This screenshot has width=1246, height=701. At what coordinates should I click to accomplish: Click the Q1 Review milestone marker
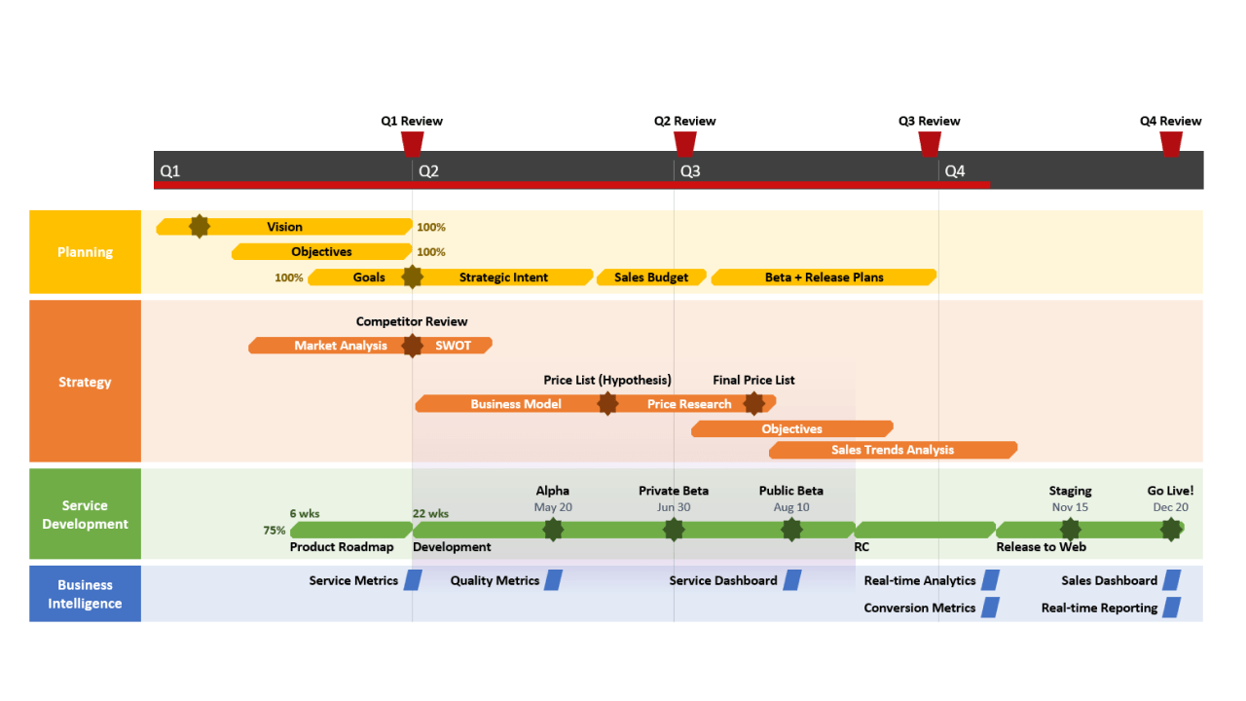413,144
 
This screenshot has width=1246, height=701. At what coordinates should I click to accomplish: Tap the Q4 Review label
1170,122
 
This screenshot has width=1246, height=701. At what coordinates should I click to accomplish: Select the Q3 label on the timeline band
689,171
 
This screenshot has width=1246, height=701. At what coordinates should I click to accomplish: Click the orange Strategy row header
85,382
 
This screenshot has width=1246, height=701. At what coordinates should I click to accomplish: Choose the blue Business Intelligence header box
85,594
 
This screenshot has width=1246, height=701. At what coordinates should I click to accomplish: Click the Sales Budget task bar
650,277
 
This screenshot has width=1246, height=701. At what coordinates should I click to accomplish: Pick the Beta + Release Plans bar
824,277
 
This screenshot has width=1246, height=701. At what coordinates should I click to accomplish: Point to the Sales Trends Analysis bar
893,450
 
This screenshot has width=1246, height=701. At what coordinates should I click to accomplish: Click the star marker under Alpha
553,530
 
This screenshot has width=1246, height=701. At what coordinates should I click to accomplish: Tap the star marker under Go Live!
1171,530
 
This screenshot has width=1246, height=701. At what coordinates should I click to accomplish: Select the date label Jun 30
674,507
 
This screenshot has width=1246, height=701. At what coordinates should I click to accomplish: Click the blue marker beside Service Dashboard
792,580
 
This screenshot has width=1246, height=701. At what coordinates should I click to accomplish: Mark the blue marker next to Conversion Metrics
990,608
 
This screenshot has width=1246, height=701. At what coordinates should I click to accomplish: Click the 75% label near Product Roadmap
275,531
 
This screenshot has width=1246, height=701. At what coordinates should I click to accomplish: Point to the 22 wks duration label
430,513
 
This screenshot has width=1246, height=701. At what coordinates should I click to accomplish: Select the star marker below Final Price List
753,403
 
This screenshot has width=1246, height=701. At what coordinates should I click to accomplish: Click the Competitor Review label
412,321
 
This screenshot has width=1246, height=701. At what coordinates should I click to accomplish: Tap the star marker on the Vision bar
199,227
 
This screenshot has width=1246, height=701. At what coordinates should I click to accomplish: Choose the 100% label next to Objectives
431,252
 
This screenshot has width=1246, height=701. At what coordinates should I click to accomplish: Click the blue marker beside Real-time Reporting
1172,608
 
